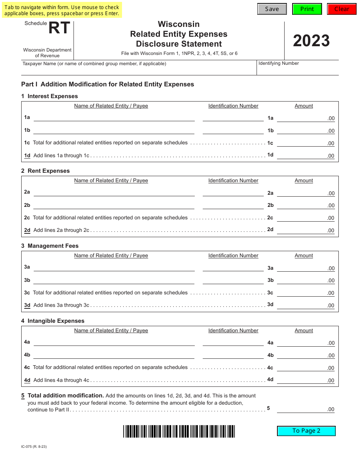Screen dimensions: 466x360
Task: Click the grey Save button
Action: (x=272, y=9)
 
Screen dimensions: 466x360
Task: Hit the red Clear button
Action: (x=341, y=9)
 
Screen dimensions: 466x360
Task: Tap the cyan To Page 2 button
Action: (x=306, y=431)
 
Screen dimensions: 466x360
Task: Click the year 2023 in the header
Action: (x=311, y=41)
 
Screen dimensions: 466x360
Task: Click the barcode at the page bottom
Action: (x=179, y=432)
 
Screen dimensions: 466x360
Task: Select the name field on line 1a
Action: (x=114, y=117)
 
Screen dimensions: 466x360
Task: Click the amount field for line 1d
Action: (x=305, y=155)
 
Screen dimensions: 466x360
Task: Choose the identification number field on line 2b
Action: (x=233, y=205)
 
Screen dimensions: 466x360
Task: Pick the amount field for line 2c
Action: (x=305, y=217)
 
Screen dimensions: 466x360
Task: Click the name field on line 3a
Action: (x=114, y=267)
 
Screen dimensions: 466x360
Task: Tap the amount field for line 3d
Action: (x=305, y=305)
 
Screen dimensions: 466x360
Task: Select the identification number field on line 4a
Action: (x=233, y=342)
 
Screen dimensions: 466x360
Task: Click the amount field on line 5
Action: (x=305, y=409)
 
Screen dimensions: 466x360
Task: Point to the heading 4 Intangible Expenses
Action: (x=53, y=321)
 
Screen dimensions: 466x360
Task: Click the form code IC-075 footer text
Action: (x=34, y=447)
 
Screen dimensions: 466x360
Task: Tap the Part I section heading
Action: (x=108, y=84)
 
